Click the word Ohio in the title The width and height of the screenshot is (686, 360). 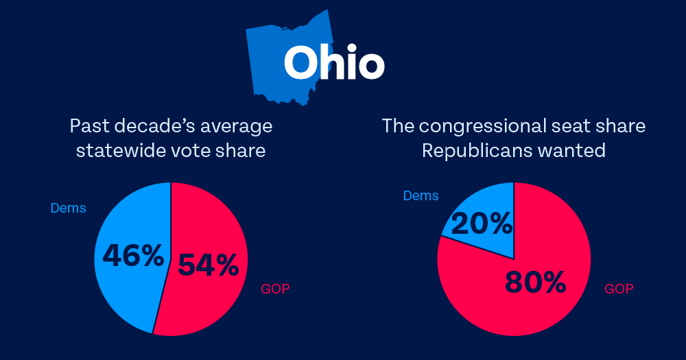[333, 63]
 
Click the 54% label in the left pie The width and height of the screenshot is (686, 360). [208, 265]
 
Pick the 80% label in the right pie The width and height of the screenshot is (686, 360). [535, 281]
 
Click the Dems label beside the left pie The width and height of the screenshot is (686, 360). [69, 208]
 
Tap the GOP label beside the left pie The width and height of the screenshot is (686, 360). [275, 289]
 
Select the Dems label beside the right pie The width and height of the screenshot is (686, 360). [421, 196]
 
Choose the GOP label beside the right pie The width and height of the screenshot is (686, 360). [619, 289]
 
